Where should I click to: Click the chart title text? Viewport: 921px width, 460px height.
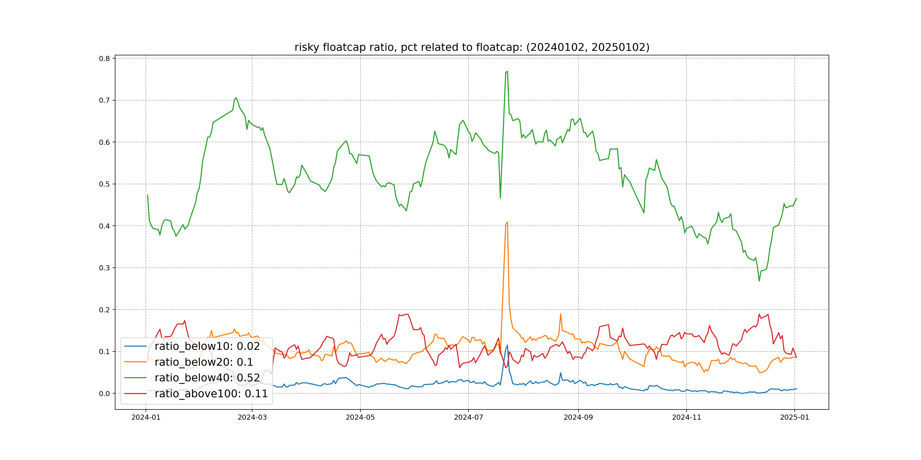(x=472, y=47)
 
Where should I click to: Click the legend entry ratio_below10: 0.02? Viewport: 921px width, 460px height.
(x=207, y=346)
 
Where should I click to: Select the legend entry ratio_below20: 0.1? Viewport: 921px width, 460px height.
(x=204, y=362)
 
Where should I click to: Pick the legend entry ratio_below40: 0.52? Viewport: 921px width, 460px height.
(x=207, y=378)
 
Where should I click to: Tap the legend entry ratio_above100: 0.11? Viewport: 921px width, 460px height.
(x=211, y=394)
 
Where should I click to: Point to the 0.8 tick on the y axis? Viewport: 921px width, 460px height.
(x=104, y=58)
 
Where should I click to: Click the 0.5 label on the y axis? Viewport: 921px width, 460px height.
(x=104, y=184)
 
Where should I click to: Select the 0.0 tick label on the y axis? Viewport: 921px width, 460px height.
(x=104, y=394)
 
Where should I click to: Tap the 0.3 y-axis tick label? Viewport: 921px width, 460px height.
(x=104, y=268)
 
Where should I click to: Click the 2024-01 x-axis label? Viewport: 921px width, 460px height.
(x=146, y=417)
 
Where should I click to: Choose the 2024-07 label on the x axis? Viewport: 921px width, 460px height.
(x=468, y=417)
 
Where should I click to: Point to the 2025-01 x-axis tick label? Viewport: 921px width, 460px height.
(x=795, y=417)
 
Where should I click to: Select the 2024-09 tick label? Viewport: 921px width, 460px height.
(x=578, y=417)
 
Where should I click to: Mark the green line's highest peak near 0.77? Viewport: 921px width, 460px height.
(x=507, y=72)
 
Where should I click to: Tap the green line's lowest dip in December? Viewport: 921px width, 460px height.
(x=759, y=281)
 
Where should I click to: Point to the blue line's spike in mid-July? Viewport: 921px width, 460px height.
(x=507, y=345)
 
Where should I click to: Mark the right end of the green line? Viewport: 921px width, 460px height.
(x=796, y=198)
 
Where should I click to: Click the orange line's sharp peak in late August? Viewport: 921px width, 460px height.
(x=561, y=314)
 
